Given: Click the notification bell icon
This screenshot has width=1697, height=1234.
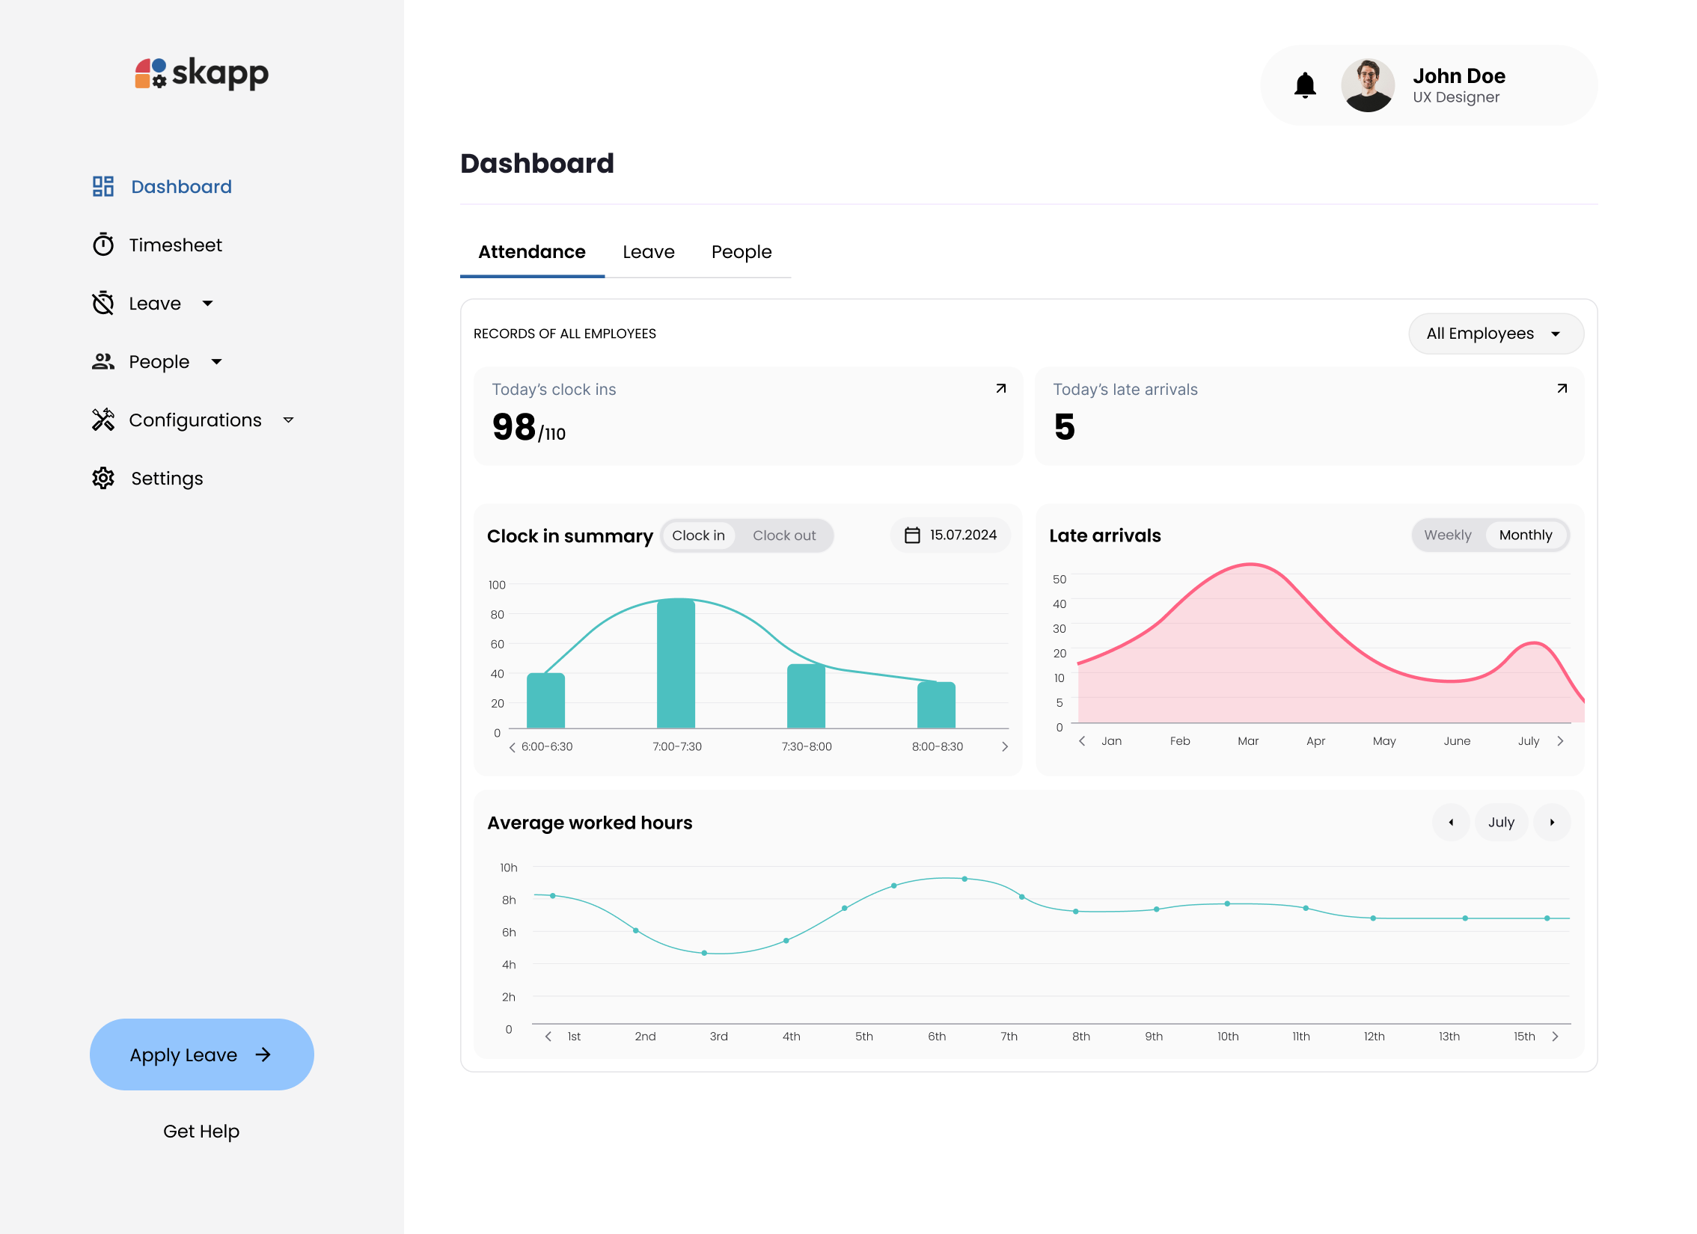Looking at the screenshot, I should point(1305,85).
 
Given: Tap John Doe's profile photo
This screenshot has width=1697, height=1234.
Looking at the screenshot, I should point(1367,85).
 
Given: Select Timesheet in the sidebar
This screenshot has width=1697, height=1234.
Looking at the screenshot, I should point(175,245).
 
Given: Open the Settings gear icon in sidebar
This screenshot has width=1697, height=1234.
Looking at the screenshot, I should point(103,479).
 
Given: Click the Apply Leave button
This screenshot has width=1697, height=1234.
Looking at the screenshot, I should point(201,1055).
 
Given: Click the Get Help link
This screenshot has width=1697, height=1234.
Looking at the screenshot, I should point(201,1132).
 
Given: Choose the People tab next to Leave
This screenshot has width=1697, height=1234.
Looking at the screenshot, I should point(741,252).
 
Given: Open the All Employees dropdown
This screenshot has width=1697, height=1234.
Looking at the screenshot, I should point(1495,334).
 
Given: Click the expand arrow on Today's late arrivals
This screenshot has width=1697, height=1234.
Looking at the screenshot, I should point(1562,388).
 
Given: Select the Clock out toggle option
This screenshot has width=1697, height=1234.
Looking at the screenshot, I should point(783,535).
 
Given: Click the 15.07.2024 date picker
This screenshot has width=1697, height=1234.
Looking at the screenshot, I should point(950,535).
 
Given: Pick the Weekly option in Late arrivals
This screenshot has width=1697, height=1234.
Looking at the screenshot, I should point(1447,535).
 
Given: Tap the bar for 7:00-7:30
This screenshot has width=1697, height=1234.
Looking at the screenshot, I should point(676,664).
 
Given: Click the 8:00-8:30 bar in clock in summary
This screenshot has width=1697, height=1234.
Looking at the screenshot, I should point(936,705).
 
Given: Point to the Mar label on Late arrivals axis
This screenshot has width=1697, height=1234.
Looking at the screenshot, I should point(1247,741).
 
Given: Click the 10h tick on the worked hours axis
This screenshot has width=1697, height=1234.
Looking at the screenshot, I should point(509,868).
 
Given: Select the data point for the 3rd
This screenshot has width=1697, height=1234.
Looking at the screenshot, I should point(704,953).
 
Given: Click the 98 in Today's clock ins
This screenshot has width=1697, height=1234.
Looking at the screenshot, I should point(514,427).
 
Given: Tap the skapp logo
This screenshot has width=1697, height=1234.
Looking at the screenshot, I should point(201,73).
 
